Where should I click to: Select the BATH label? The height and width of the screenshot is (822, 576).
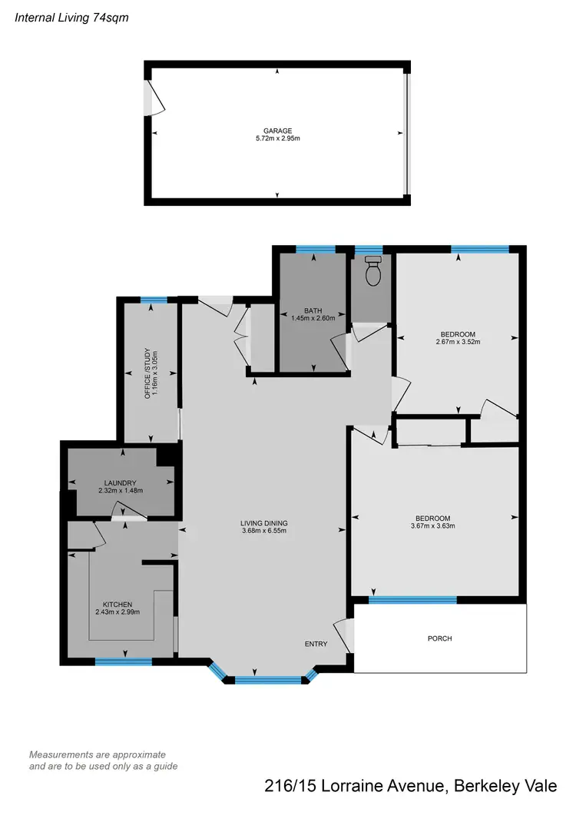click(312, 310)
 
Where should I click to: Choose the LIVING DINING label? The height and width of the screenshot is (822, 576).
click(263, 523)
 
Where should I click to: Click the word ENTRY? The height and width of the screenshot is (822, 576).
click(316, 644)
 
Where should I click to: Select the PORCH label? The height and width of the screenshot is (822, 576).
click(440, 638)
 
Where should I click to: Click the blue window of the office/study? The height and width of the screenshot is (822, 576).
click(154, 300)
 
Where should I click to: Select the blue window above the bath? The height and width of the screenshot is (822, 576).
click(315, 248)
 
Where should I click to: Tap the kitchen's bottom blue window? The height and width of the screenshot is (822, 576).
click(124, 661)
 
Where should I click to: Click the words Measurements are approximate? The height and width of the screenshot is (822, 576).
click(98, 754)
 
